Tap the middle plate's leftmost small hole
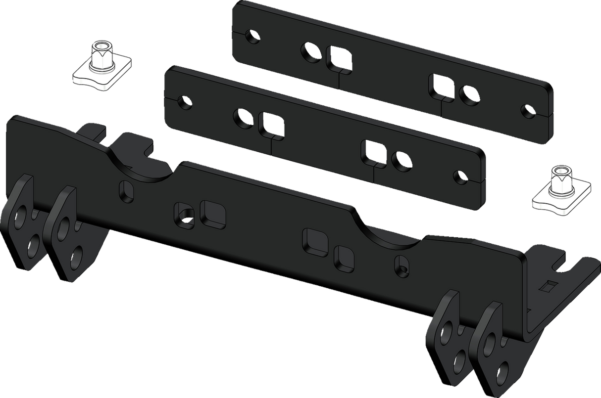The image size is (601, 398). [185, 101]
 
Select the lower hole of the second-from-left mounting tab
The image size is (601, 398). [76, 258]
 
